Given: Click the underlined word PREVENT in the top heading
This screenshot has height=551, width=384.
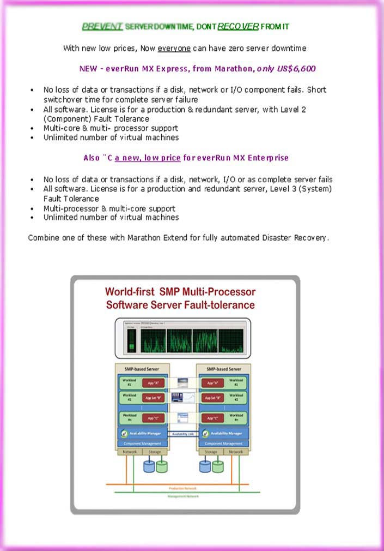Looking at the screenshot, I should click(102, 26).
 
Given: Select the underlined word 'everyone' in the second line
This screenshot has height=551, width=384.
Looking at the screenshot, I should click(174, 49).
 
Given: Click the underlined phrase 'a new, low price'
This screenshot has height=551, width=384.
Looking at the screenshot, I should click(148, 158).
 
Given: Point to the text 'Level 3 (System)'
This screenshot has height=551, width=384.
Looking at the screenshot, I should click(302, 189).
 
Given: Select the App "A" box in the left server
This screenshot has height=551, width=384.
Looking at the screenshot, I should click(153, 383).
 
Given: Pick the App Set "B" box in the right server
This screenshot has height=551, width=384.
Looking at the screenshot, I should click(214, 398).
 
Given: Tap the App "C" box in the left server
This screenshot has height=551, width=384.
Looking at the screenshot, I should click(153, 418).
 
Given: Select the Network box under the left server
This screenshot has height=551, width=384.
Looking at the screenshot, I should click(129, 452).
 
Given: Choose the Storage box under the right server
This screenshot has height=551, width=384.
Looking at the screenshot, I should click(211, 452).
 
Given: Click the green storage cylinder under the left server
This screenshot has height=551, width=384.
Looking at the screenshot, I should click(162, 466).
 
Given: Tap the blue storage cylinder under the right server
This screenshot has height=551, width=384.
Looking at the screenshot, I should click(205, 466).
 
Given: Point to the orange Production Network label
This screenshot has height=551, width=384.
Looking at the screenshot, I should click(184, 488).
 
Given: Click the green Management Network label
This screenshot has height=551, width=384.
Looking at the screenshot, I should click(184, 496).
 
